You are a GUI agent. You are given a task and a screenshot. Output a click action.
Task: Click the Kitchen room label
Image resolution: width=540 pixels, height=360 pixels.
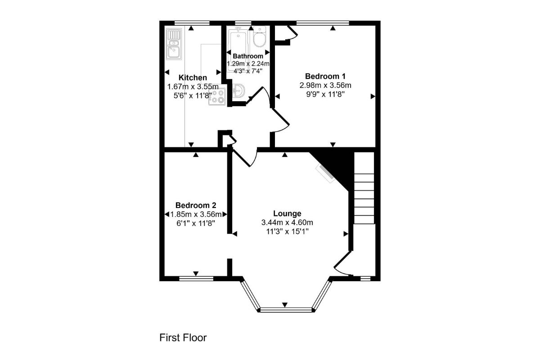[193, 78]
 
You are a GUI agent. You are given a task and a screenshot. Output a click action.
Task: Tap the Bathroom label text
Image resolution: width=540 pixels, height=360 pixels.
[248, 56]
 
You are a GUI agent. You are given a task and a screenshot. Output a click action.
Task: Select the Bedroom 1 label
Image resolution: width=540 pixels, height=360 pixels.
[325, 76]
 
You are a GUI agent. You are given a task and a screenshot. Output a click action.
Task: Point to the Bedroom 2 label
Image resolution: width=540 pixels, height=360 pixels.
[196, 205]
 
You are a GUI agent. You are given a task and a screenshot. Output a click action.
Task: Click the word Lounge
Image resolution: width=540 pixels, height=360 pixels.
[287, 213]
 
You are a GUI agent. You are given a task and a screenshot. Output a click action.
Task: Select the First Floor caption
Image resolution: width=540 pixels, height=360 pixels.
[183, 337]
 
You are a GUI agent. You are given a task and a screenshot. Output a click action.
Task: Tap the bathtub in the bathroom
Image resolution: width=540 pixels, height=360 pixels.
[238, 46]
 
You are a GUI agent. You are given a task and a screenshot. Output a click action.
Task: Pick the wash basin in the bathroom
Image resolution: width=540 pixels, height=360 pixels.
[238, 91]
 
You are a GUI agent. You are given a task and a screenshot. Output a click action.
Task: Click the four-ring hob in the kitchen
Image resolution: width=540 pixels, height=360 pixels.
[217, 96]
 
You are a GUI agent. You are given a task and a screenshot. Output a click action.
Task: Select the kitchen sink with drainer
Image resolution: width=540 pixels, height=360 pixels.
[174, 44]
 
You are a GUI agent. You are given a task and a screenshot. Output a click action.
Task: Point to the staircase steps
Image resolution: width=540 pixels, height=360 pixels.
[364, 188]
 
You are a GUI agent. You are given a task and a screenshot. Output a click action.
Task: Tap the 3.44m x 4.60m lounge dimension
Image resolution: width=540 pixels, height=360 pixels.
[287, 222]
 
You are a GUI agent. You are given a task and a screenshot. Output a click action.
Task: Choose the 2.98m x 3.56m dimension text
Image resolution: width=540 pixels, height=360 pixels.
[325, 85]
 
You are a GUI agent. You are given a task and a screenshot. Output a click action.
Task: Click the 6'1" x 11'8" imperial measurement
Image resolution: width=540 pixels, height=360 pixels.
[196, 223]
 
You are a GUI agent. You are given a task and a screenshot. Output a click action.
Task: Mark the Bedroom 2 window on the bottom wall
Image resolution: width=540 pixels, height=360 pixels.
[196, 279]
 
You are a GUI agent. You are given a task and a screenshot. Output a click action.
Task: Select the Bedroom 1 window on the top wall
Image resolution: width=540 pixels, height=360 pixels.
[323, 23]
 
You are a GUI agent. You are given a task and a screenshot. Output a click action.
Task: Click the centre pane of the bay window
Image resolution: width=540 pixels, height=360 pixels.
[286, 310]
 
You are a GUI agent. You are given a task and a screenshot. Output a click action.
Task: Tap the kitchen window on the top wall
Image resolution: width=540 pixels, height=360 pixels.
[192, 23]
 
